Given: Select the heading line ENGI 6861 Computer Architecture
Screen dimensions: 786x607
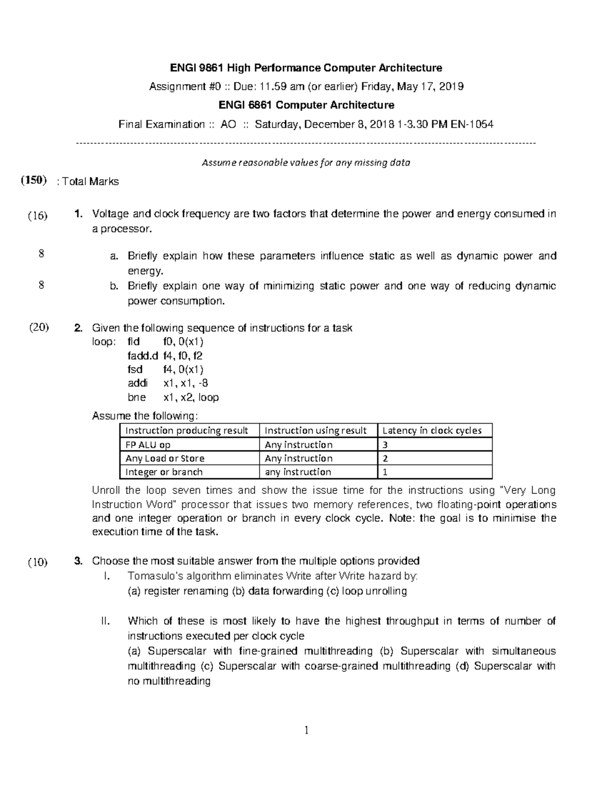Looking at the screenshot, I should point(306,105).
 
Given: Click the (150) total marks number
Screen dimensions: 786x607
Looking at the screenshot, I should point(34,181).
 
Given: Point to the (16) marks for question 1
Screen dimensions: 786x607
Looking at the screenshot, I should point(37,216).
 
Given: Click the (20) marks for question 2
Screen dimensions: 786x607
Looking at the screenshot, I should point(38,327).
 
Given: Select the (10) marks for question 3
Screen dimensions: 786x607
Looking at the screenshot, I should point(38,562).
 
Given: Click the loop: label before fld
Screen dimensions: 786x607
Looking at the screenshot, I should point(103,342).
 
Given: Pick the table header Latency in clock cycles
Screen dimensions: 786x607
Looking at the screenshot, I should point(432,431).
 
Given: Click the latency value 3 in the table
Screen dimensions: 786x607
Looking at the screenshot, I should point(385,445).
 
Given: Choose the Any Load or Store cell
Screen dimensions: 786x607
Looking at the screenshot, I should point(165,459).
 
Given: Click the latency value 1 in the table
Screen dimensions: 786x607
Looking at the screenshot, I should point(385,472).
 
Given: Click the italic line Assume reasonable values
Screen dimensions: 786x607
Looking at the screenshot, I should point(306,163).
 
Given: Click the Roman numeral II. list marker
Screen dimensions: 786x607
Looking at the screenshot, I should point(105,621).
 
